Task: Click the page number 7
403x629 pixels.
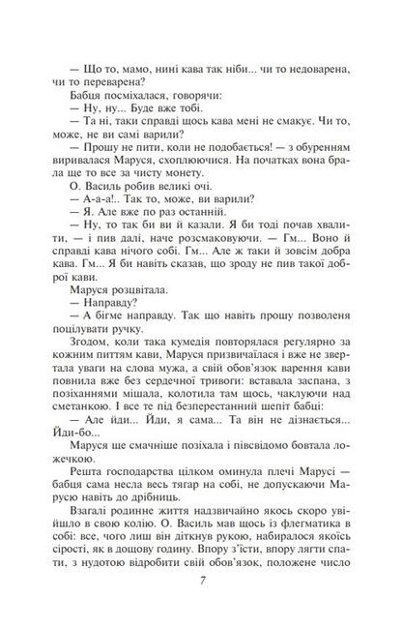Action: click(x=201, y=582)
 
